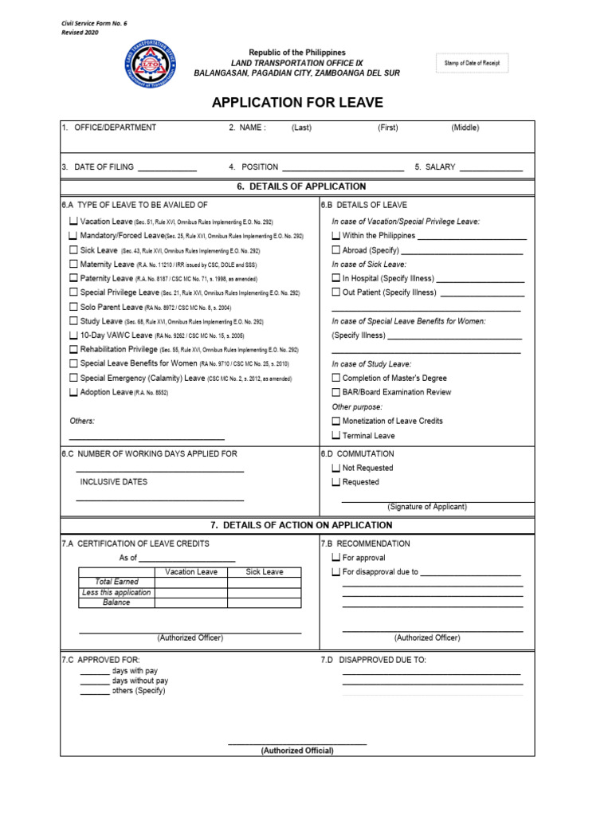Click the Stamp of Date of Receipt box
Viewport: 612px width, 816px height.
pos(471,63)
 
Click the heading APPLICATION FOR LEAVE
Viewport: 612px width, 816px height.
pos(297,103)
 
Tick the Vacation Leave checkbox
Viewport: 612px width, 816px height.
pos(73,222)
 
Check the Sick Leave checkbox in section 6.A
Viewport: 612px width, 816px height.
pos(73,250)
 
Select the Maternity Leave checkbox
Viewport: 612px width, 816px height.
pos(73,265)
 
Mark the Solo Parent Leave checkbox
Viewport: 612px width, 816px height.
pos(73,307)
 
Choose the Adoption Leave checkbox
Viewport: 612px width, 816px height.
pos(73,393)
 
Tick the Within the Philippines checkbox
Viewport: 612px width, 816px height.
pos(335,236)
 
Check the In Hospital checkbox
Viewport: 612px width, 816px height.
pos(335,279)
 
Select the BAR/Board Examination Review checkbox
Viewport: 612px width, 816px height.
pos(335,393)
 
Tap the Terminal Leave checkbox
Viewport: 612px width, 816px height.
pos(335,436)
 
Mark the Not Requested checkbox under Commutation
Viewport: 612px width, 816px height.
pos(335,469)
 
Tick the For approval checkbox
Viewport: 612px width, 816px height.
pos(335,558)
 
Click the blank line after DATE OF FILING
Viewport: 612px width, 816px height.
pos(167,169)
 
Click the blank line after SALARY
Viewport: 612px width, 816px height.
pos(491,169)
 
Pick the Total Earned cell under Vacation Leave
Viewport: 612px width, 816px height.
pos(191,583)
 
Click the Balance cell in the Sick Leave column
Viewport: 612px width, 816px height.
pos(265,603)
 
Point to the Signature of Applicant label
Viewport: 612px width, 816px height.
pos(427,507)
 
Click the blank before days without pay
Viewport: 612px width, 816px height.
pos(95,682)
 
